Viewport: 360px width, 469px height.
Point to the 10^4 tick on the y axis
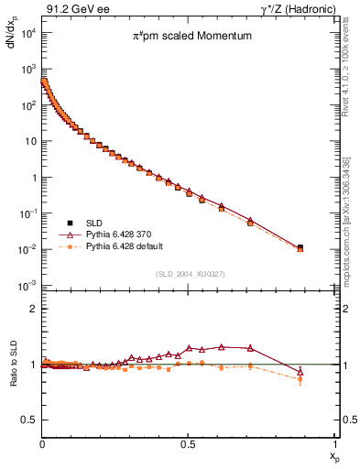click(27, 33)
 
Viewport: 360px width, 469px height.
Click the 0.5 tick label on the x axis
click(187, 444)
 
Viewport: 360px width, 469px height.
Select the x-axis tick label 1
click(333, 444)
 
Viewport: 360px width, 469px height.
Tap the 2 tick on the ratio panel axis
click(32, 309)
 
